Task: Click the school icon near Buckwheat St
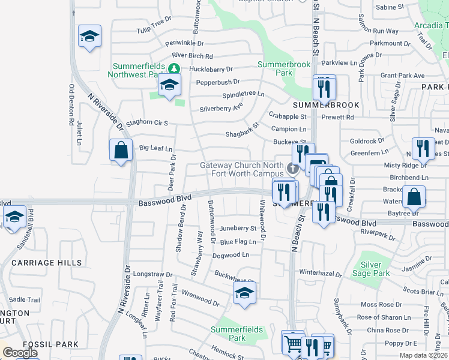(244, 293)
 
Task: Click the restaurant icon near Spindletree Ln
(324, 89)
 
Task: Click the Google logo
(20, 353)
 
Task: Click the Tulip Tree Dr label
(154, 26)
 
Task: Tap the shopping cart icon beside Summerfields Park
(293, 343)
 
